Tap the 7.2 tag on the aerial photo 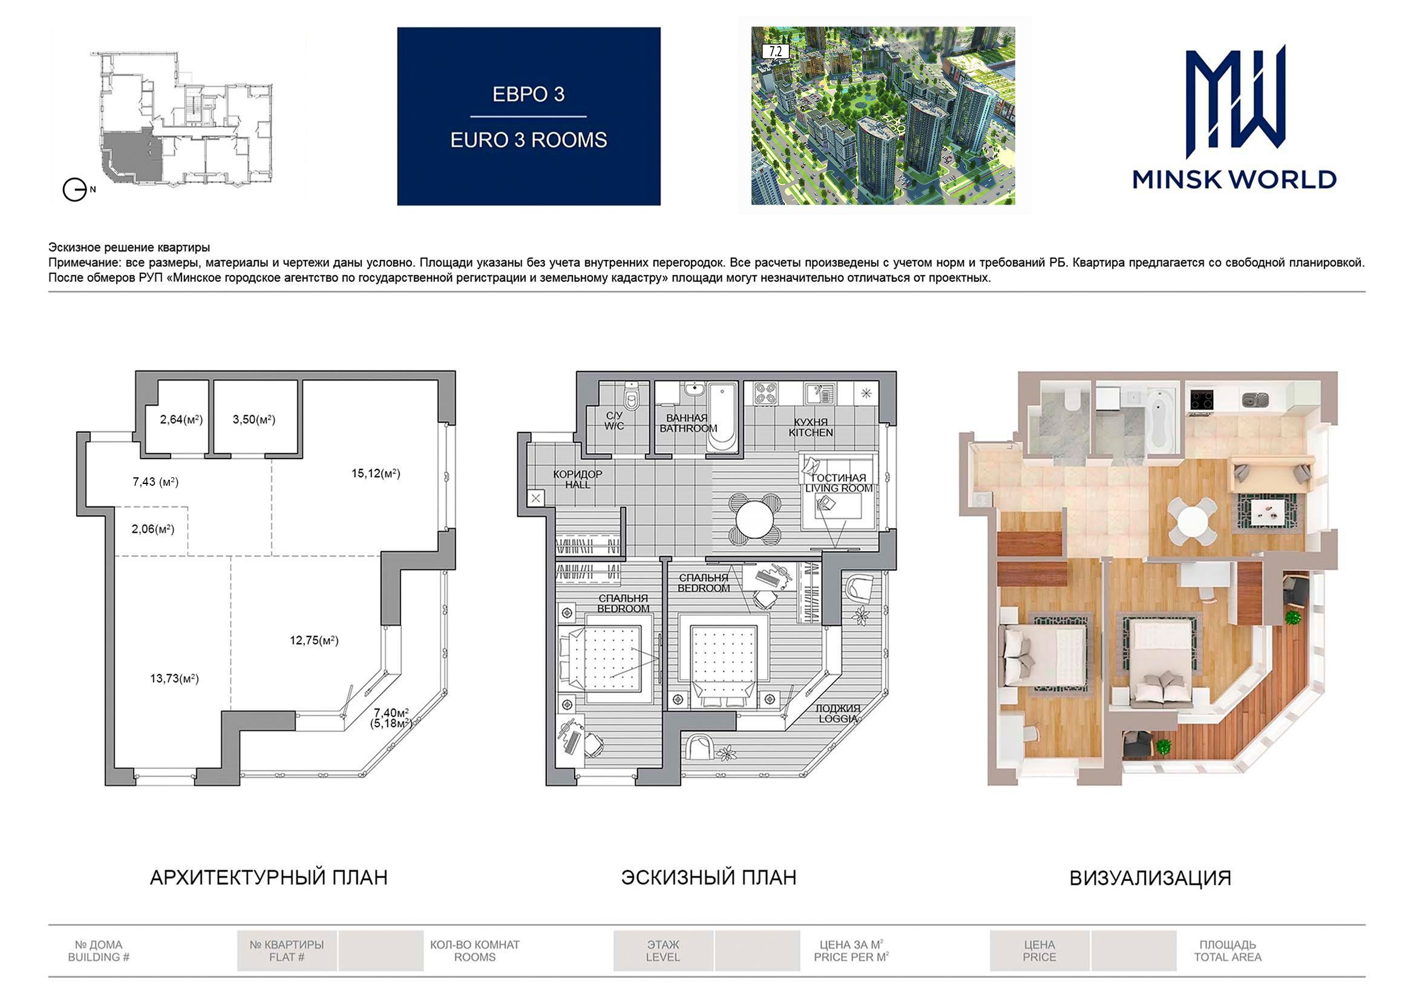(x=775, y=52)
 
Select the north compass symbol (x=75, y=190)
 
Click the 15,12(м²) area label (x=376, y=474)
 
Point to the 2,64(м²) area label (x=181, y=419)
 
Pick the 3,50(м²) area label (x=254, y=419)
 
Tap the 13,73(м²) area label (x=174, y=679)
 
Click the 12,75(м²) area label (x=314, y=641)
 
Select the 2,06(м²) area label (x=152, y=529)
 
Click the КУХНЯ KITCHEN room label (x=811, y=427)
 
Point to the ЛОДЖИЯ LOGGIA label (x=837, y=713)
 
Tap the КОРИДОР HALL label (x=578, y=479)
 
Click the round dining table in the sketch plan (x=755, y=519)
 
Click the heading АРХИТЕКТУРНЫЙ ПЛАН (x=269, y=877)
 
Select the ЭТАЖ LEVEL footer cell (x=663, y=951)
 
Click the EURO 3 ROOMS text (x=528, y=140)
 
